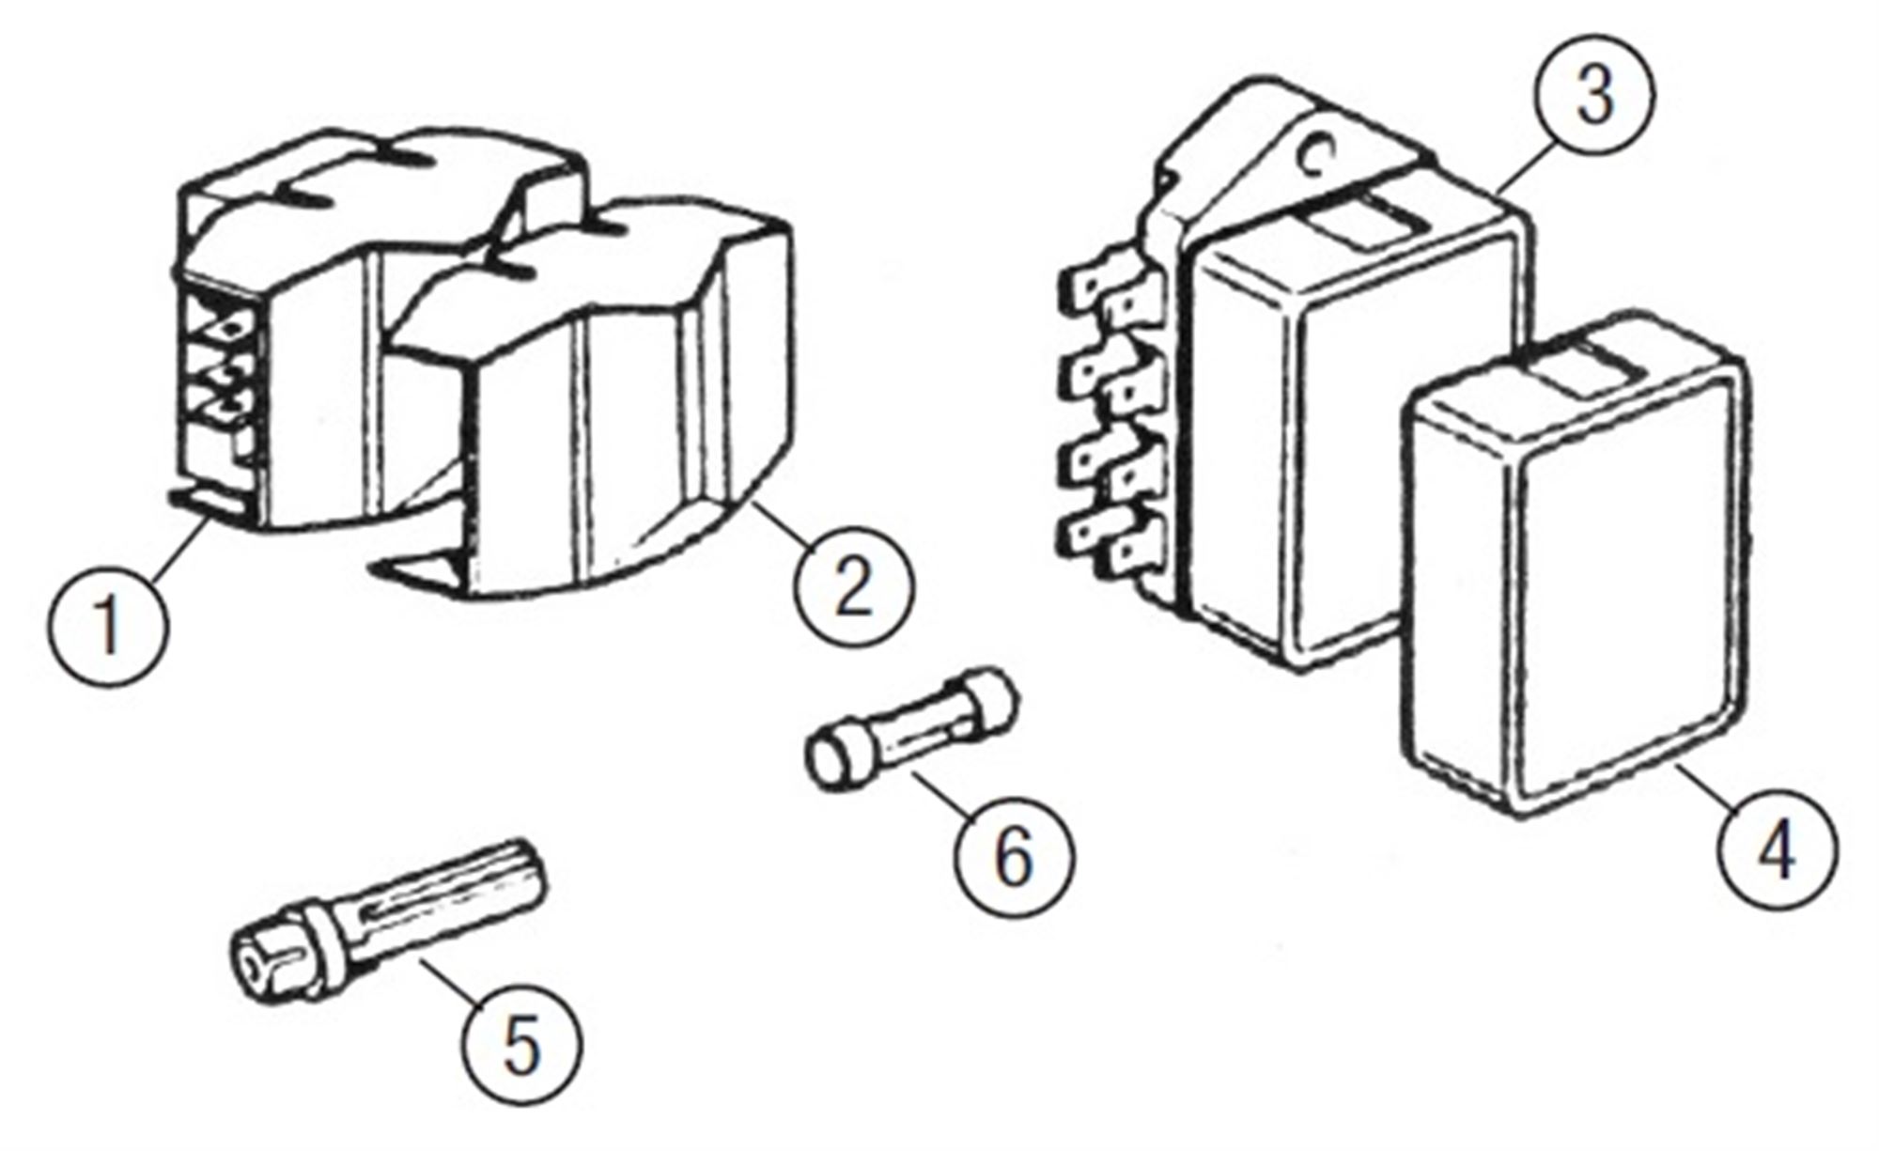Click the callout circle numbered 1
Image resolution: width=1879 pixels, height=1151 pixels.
coord(109,624)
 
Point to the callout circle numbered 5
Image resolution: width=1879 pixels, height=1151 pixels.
coord(522,1046)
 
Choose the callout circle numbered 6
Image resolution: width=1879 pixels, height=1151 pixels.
coord(1013,857)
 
